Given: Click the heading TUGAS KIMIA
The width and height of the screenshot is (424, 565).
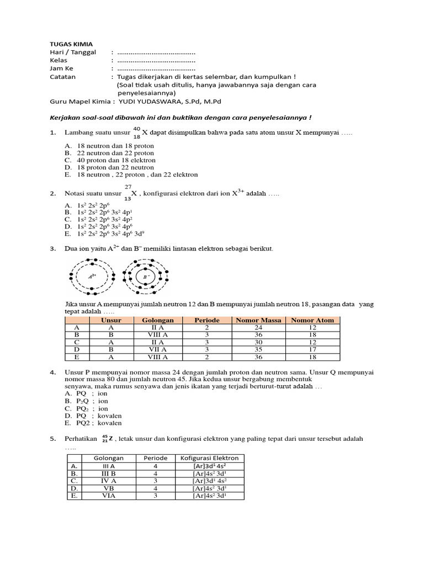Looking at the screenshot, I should click(71, 44).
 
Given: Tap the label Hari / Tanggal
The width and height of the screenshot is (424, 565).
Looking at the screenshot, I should click(73, 52).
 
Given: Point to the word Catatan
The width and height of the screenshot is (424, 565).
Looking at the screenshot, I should click(63, 77).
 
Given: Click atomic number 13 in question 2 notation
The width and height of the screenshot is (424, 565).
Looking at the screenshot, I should click(128, 199).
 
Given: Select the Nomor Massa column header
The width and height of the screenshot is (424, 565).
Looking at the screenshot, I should click(258, 320).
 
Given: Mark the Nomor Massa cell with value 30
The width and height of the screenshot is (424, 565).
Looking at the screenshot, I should click(258, 342).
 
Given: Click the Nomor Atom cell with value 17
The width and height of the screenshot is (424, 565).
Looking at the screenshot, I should click(312, 349).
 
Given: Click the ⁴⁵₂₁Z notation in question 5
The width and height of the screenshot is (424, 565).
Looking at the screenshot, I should click(107, 439).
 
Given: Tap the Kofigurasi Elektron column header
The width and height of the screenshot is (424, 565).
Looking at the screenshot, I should click(209, 458).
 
